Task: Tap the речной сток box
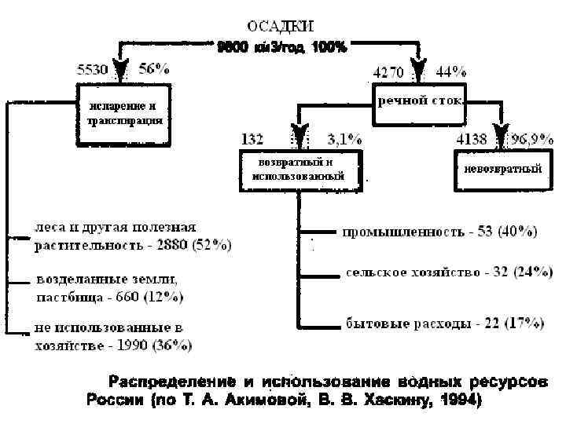pos(421,101)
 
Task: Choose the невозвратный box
pos(502,169)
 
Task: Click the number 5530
pos(92,69)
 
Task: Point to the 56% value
pos(154,68)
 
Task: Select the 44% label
pos(450,71)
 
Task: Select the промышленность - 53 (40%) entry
pos(439,232)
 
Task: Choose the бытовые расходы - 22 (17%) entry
pos(445,323)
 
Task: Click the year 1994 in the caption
pos(460,400)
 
